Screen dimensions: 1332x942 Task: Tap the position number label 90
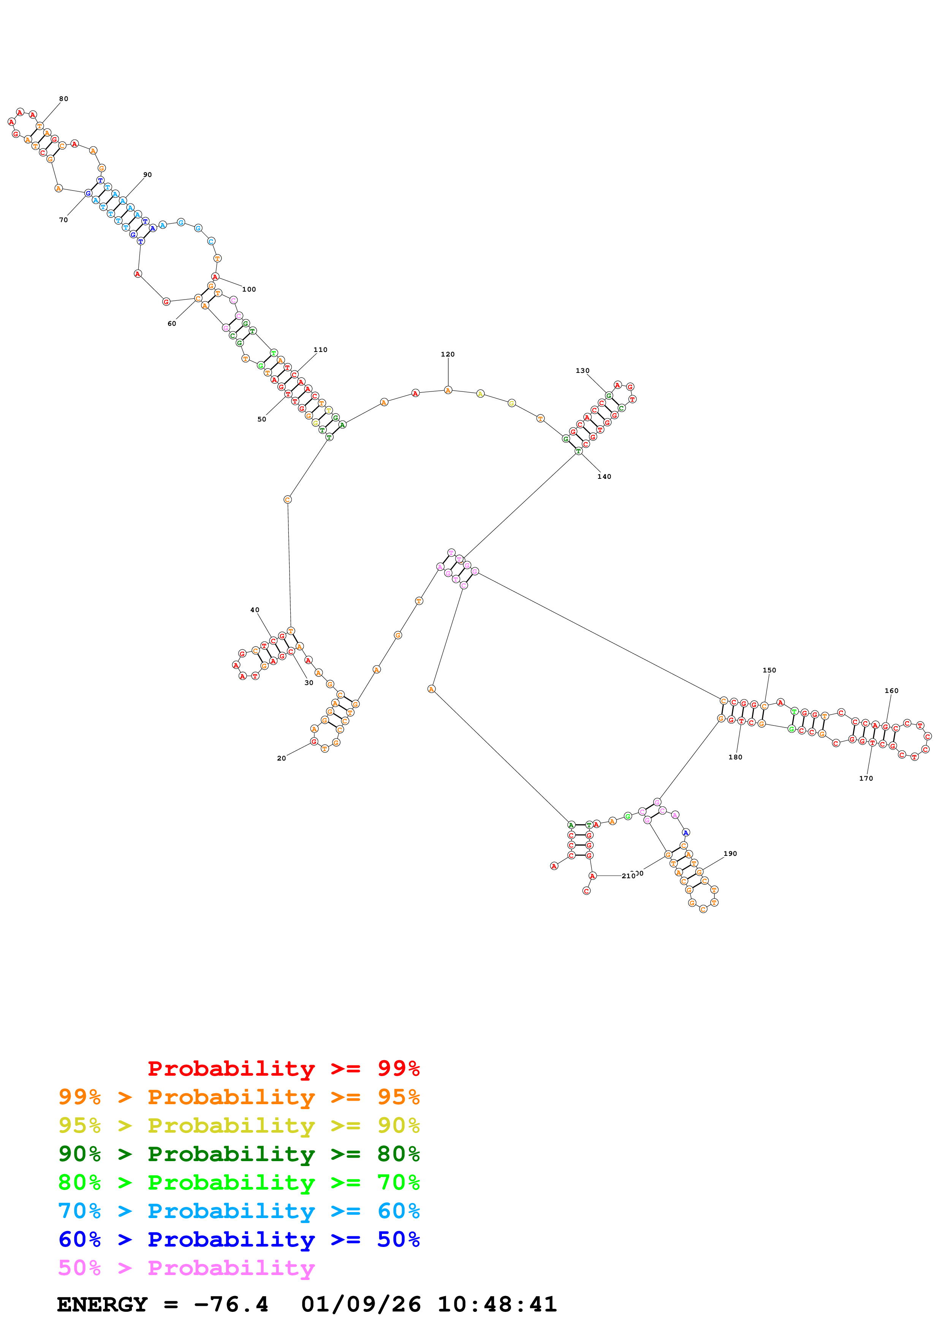coord(147,175)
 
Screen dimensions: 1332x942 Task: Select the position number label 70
coord(63,220)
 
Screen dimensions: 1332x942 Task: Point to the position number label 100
coord(249,289)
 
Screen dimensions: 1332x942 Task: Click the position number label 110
coord(320,350)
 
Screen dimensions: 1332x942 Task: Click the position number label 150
coord(769,670)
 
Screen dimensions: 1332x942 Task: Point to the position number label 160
coord(891,691)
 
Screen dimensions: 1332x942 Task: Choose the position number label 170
coord(866,778)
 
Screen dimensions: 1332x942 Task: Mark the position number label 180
coord(735,757)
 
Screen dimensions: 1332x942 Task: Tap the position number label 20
coord(282,758)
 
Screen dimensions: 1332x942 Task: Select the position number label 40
coord(255,610)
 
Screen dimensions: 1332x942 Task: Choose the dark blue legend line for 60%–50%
coord(239,1240)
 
